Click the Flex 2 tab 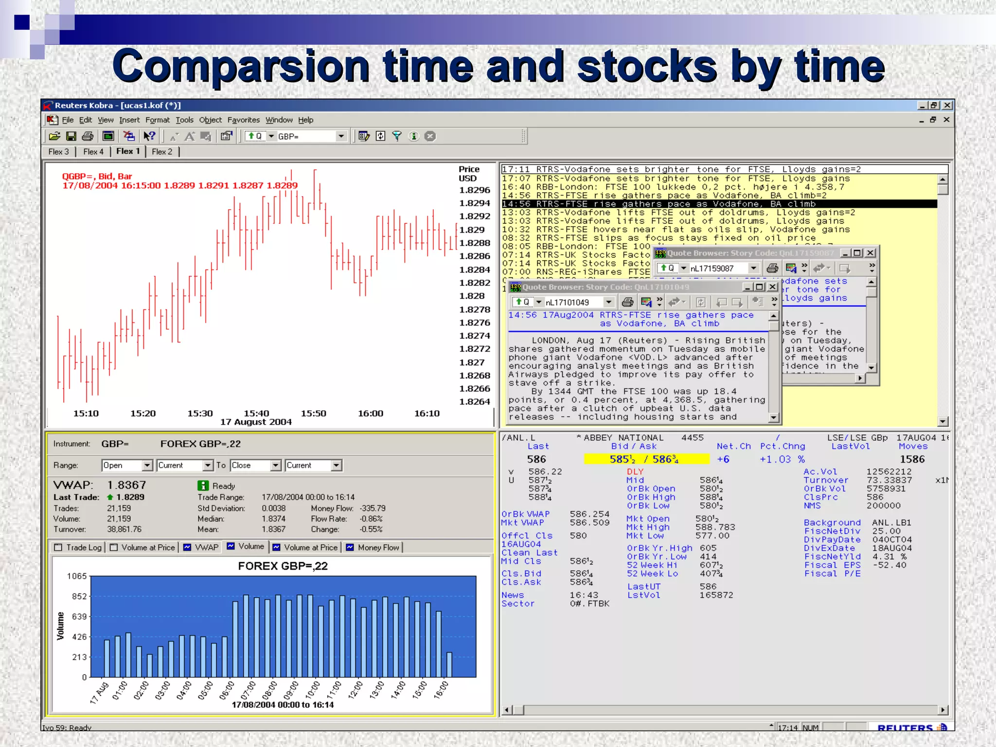point(162,152)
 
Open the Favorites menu point(243,120)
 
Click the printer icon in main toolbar point(88,137)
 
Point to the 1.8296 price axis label point(475,190)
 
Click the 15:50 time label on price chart point(313,413)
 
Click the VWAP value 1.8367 point(126,485)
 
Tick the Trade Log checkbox point(58,548)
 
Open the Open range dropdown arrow point(147,465)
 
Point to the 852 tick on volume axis point(79,596)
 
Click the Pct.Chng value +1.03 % point(782,459)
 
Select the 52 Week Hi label point(652,565)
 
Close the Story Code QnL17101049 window point(772,287)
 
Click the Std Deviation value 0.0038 point(273,508)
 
